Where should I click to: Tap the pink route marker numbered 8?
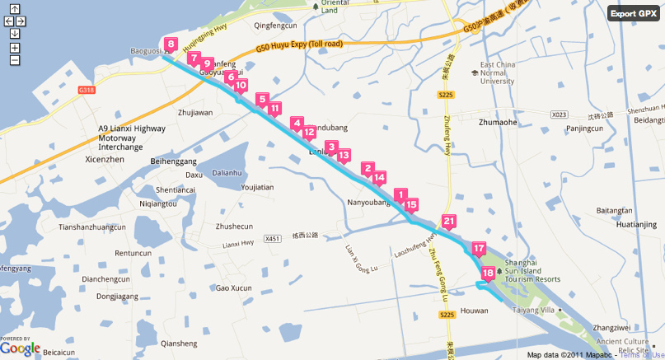(x=170, y=45)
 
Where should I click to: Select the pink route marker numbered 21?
(x=448, y=222)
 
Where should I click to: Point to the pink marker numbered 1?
(x=401, y=195)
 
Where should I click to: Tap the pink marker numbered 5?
(x=262, y=101)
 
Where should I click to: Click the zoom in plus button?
(x=15, y=47)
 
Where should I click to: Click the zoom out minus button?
(x=15, y=59)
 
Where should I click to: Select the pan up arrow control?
(x=15, y=10)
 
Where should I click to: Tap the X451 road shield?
(x=273, y=239)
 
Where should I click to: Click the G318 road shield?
(x=87, y=90)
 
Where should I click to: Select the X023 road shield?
(x=560, y=115)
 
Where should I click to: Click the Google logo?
(x=20, y=348)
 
